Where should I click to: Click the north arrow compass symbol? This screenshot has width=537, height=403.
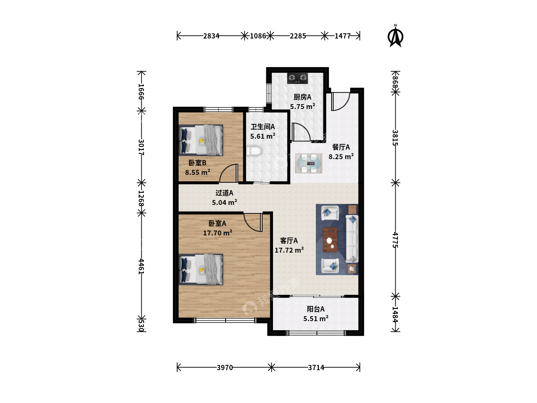click(x=395, y=36)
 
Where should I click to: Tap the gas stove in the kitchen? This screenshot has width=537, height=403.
click(x=298, y=78)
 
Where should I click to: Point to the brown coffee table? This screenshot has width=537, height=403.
click(x=330, y=240)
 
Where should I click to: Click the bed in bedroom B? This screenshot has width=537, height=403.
click(x=201, y=140)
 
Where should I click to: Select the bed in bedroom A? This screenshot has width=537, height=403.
click(x=201, y=269)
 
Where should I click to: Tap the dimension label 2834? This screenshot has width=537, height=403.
click(x=211, y=36)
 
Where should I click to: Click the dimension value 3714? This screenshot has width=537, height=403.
click(x=316, y=368)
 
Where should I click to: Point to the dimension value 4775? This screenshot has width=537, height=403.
click(x=395, y=240)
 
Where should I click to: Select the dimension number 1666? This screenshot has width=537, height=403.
click(x=141, y=91)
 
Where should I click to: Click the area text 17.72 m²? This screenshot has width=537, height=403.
click(x=289, y=250)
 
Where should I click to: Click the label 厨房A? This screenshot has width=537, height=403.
click(x=302, y=97)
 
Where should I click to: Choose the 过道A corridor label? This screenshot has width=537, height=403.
click(x=224, y=193)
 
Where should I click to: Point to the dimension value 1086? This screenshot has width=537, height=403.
click(x=258, y=36)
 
